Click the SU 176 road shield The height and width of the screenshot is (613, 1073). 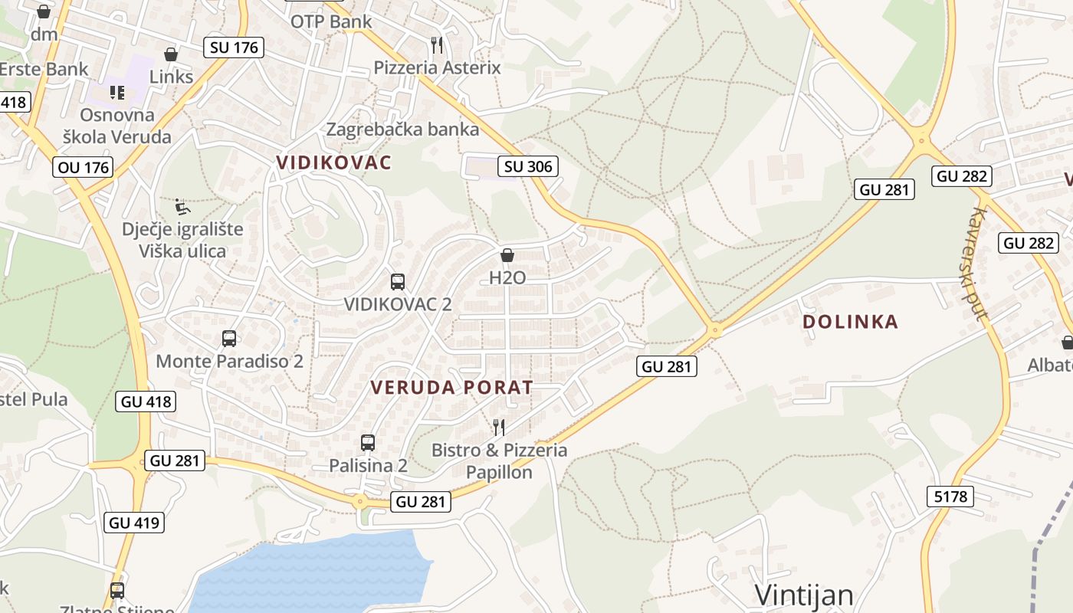(235, 48)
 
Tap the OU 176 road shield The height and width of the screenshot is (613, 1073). (83, 167)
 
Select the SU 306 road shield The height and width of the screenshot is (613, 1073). (528, 166)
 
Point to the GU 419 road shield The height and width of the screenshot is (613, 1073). (134, 523)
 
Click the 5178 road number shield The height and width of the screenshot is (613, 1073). (950, 497)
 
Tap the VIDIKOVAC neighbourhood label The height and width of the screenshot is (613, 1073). (334, 162)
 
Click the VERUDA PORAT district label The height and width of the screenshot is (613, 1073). (451, 388)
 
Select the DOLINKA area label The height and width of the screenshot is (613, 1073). (850, 322)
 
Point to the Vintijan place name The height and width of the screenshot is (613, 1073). (804, 595)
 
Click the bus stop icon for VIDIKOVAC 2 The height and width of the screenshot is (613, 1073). (397, 281)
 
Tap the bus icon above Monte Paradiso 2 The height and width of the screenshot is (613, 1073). (228, 338)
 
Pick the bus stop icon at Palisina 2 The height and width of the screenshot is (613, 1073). (368, 442)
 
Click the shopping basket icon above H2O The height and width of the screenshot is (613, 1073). (507, 255)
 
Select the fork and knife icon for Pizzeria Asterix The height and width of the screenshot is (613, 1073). (437, 45)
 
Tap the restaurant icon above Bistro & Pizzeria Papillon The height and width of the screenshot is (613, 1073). (499, 427)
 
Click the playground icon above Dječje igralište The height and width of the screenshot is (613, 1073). (182, 207)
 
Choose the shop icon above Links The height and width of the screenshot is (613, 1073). (171, 54)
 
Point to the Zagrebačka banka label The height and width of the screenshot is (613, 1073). (402, 129)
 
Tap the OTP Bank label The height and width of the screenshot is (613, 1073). (330, 21)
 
